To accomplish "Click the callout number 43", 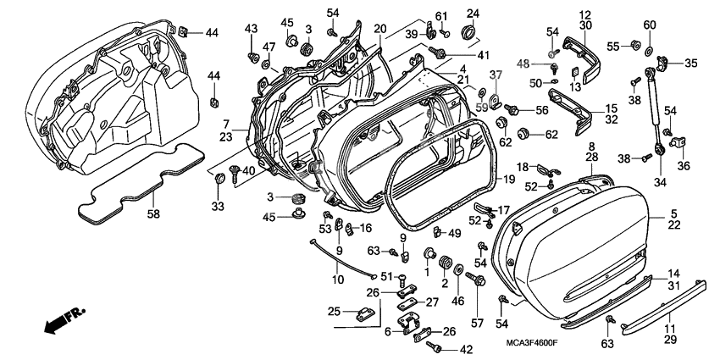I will click(251, 29).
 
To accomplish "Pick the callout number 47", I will click(269, 46).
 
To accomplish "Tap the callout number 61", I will click(440, 16).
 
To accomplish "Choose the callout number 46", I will click(458, 300).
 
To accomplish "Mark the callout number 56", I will click(541, 110).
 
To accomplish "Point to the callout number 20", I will click(379, 29).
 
